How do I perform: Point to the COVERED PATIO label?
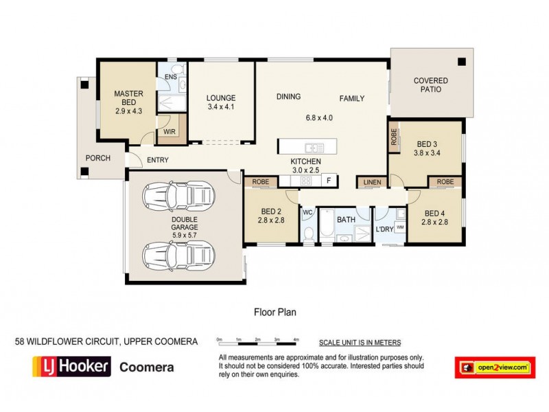(x=431, y=85)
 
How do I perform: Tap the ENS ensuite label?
(x=171, y=77)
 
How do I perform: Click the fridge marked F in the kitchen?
(x=329, y=181)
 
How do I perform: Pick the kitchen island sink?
(x=315, y=147)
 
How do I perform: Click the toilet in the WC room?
(x=309, y=232)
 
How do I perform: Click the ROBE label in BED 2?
(x=261, y=182)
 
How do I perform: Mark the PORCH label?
(x=97, y=158)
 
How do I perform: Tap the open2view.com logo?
(x=495, y=367)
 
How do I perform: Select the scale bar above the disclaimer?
(x=257, y=341)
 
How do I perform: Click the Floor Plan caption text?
(x=274, y=310)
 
